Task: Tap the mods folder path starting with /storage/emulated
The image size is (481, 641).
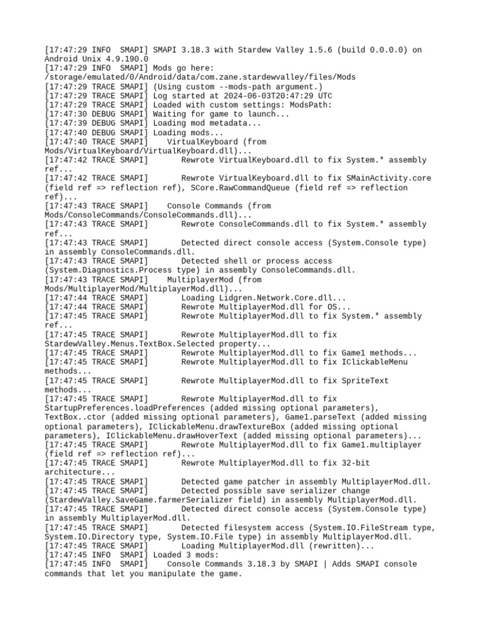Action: tap(200, 77)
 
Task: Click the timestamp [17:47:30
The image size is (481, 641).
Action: tap(66, 114)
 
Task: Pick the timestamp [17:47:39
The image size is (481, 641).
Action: tap(66, 123)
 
